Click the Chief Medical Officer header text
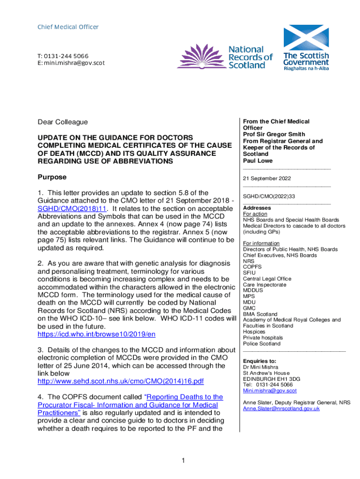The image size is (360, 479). [x=68, y=27]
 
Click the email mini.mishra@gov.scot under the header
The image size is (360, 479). [x=71, y=63]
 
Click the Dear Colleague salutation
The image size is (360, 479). [x=62, y=122]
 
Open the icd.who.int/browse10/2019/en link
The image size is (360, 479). [x=96, y=334]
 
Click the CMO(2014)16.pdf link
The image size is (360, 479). [x=121, y=381]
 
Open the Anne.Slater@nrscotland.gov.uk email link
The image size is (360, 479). [x=281, y=408]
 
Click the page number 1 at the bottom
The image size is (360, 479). [x=184, y=461]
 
